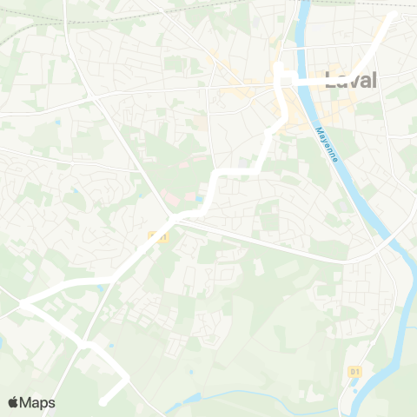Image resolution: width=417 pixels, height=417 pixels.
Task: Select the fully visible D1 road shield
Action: click(x=354, y=371)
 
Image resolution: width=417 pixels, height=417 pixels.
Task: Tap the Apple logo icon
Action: click(x=13, y=402)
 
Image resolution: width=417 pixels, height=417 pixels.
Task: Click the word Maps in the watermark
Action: click(x=38, y=402)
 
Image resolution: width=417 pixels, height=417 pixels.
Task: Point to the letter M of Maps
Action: click(x=27, y=402)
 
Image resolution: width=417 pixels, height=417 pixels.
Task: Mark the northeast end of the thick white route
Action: click(x=393, y=15)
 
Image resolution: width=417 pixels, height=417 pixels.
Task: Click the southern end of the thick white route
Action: click(x=103, y=401)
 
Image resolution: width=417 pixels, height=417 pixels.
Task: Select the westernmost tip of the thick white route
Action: click(x=23, y=304)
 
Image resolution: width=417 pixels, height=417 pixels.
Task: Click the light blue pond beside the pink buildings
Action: click(x=199, y=199)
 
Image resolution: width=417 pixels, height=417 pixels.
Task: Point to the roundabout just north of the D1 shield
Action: click(x=354, y=352)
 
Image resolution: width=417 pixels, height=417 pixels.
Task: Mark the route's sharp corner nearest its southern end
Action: click(x=127, y=379)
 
